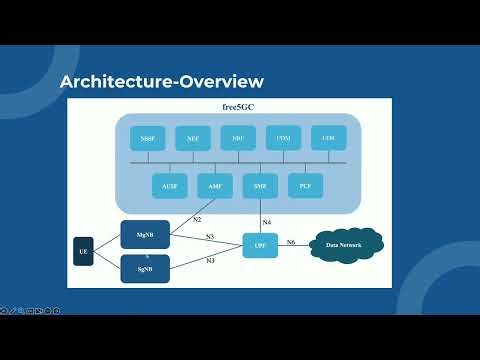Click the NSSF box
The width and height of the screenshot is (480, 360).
pyautogui.click(x=147, y=139)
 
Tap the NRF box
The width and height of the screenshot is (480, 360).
pyautogui.click(x=238, y=139)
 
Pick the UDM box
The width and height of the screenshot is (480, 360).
pyautogui.click(x=283, y=138)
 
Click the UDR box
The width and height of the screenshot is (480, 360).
pyautogui.click(x=327, y=138)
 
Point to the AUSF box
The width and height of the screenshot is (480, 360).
pyautogui.click(x=169, y=186)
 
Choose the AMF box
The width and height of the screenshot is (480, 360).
pyautogui.click(x=215, y=186)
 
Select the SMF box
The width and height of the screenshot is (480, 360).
pyautogui.click(x=260, y=186)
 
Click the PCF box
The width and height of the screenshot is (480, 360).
pyautogui.click(x=305, y=186)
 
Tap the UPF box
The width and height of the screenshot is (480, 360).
pyautogui.click(x=260, y=245)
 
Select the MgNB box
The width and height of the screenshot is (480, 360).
pyautogui.click(x=144, y=234)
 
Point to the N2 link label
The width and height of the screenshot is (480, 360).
pyautogui.click(x=198, y=219)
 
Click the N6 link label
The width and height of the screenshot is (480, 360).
pyautogui.click(x=291, y=242)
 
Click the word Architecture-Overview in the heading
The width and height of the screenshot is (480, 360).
pyautogui.click(x=162, y=80)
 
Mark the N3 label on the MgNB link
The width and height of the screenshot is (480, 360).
pyautogui.click(x=210, y=237)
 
